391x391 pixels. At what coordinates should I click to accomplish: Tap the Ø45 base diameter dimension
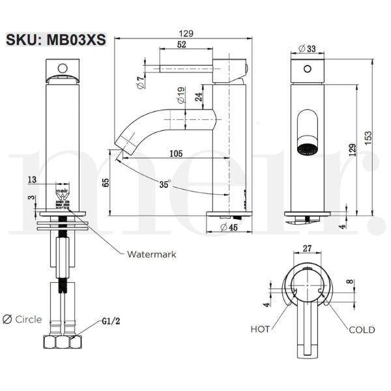[x=227, y=227]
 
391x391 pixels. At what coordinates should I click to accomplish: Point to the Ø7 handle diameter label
[x=140, y=81]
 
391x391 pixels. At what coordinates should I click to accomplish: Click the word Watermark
[x=151, y=254]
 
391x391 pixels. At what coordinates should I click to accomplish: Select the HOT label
[x=261, y=330]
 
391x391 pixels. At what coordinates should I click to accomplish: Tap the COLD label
[x=361, y=330]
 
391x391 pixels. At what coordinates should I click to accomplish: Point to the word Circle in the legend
[x=28, y=319]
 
